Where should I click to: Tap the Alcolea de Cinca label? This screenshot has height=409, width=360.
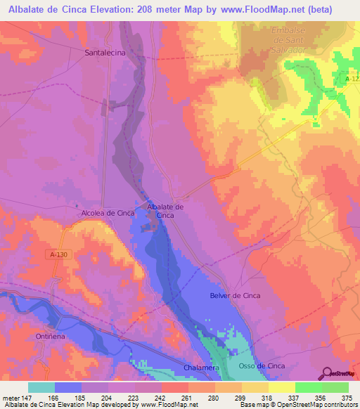click(108, 212)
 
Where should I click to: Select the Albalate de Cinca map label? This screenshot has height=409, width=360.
click(165, 211)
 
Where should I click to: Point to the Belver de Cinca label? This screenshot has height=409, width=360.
click(235, 296)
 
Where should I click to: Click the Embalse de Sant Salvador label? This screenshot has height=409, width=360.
click(289, 40)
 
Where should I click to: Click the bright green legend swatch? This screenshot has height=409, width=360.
click(308, 387)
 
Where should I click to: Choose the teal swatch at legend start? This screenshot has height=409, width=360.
click(41, 387)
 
